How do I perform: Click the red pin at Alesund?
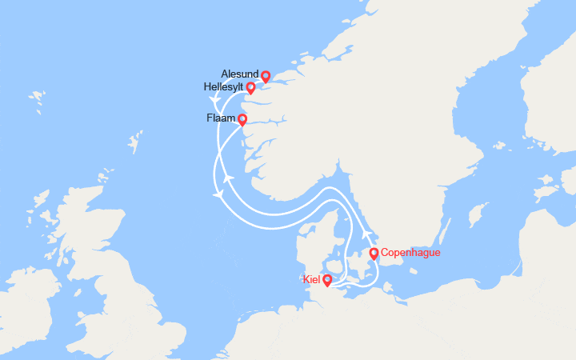[266, 76]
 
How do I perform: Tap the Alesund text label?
[239, 74]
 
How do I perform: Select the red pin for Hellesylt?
[250, 87]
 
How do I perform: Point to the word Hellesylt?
[223, 87]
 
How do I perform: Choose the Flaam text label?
[221, 118]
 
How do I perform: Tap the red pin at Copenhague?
[374, 254]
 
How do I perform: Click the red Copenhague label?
[410, 253]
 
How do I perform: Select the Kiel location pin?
[327, 280]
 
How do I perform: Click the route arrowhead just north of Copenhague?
[367, 234]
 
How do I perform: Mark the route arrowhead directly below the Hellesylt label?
[215, 101]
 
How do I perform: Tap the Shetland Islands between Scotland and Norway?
[133, 143]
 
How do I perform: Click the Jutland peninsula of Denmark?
[309, 240]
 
